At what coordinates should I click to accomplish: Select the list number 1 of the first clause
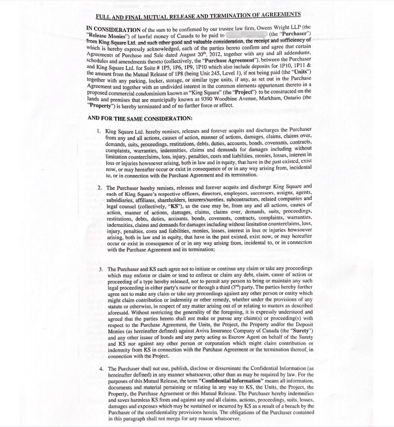point(98,131)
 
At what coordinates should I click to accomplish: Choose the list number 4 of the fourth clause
point(101,368)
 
